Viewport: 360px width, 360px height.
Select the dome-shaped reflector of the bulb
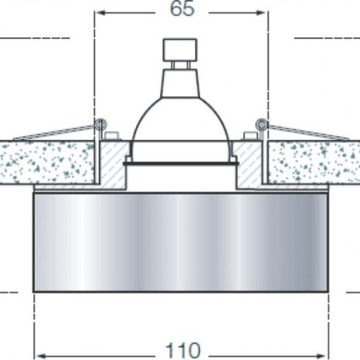(x=180, y=115)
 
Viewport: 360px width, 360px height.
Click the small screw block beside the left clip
(x=111, y=135)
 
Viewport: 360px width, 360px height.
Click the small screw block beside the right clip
(x=250, y=135)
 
